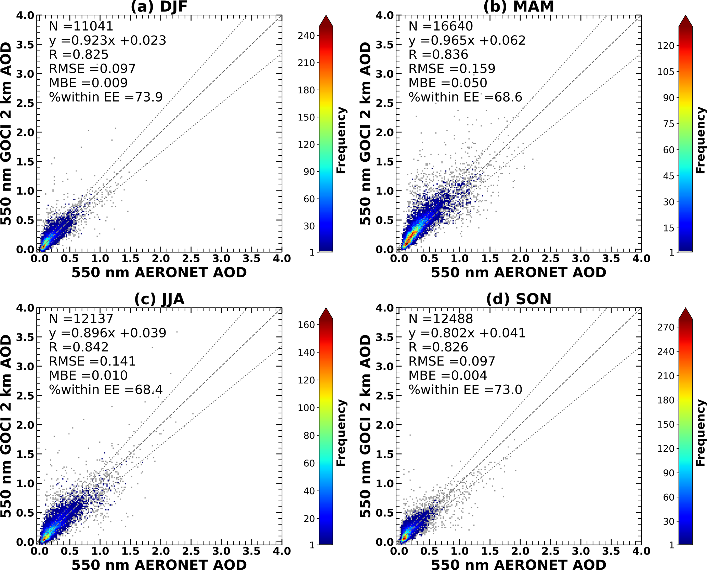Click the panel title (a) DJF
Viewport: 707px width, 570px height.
pos(159,7)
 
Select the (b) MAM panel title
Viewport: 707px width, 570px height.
pos(519,7)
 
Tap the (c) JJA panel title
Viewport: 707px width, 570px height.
pos(159,300)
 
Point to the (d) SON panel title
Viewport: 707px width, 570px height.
pos(519,300)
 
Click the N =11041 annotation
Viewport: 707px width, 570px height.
pos(81,26)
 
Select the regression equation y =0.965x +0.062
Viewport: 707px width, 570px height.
pos(467,41)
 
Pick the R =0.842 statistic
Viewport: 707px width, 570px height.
pos(79,347)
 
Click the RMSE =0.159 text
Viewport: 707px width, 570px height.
pos(452,69)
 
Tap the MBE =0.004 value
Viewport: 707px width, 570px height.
pos(448,376)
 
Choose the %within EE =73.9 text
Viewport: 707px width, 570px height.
pos(106,97)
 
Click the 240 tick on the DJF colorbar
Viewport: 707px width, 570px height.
pos(306,36)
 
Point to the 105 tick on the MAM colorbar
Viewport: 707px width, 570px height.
pos(666,72)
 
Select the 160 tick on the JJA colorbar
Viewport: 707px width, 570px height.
pos(306,325)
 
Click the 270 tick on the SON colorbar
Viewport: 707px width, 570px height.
pos(666,328)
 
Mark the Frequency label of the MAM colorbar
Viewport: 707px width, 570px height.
pos(701,140)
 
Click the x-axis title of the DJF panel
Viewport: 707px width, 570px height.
pos(159,273)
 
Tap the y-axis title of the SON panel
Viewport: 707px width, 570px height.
pos(365,426)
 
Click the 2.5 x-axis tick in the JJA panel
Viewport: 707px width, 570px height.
pos(191,551)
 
